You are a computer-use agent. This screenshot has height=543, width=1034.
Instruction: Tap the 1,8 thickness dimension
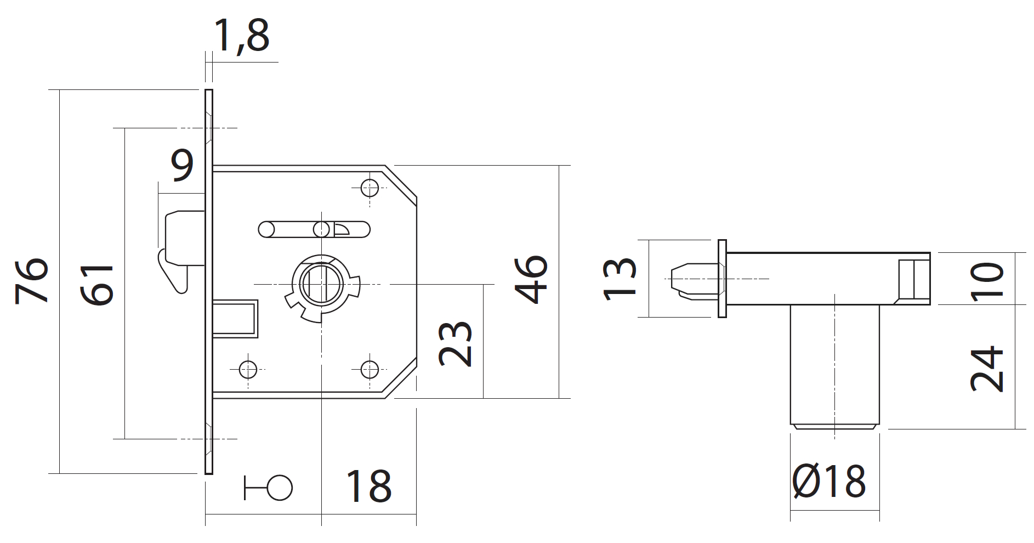(x=242, y=36)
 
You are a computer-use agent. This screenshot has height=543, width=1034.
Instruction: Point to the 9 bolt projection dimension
(x=183, y=165)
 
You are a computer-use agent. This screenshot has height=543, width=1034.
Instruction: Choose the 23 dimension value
(x=455, y=343)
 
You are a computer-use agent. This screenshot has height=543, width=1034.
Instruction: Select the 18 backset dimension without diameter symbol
(x=368, y=485)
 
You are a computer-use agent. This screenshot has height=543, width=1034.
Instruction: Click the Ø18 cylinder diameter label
(x=829, y=480)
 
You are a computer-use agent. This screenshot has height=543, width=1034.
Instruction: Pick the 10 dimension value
(x=987, y=281)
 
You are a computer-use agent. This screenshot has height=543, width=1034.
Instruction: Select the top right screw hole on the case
(x=370, y=188)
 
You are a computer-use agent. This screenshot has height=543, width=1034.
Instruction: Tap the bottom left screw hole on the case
(x=248, y=369)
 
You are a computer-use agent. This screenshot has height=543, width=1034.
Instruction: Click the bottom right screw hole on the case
(x=370, y=369)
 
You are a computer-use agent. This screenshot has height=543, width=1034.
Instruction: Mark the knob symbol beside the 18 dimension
(x=269, y=487)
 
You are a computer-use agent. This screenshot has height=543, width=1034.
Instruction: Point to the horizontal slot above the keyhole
(x=314, y=229)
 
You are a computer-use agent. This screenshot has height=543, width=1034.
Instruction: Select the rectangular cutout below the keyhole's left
(x=235, y=318)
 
